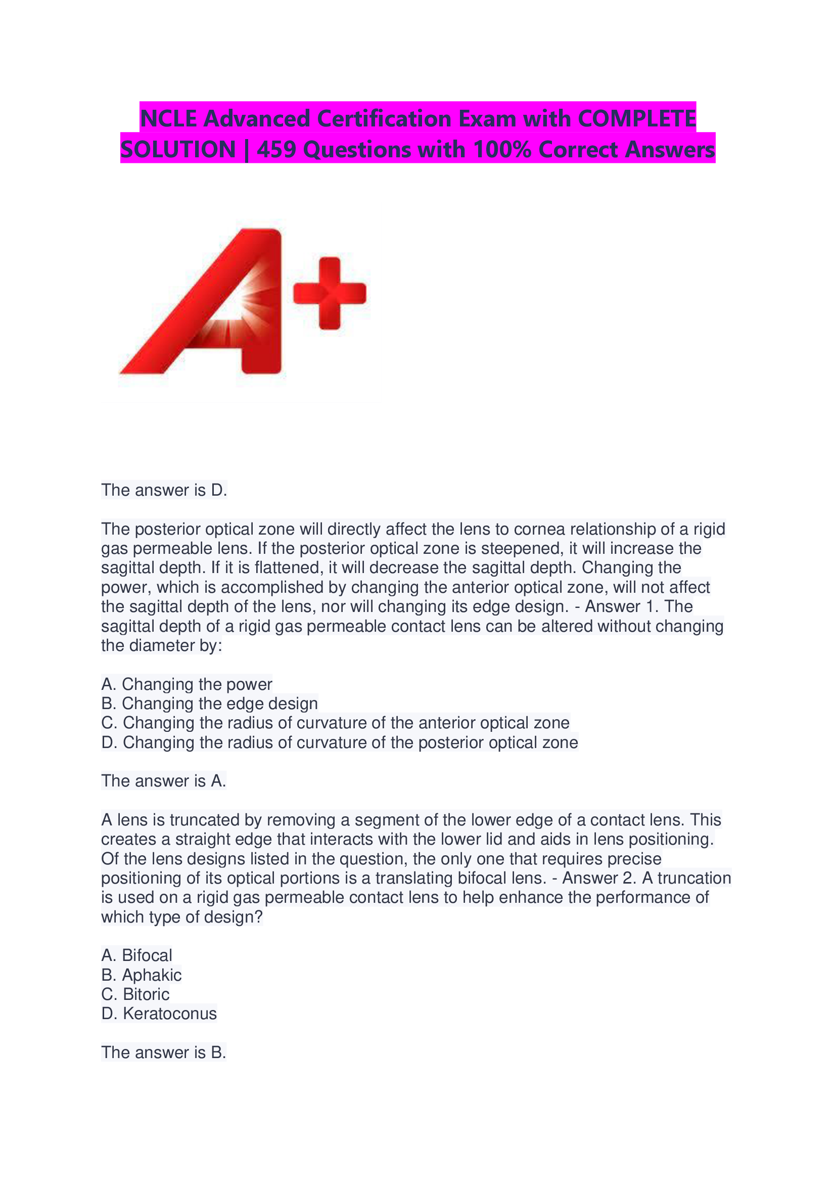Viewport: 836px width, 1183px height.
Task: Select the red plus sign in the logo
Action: (x=330, y=293)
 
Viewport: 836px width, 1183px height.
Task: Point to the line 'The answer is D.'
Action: (x=164, y=490)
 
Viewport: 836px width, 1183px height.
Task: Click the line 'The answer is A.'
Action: (x=164, y=781)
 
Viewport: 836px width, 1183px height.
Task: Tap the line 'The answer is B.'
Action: (x=164, y=1053)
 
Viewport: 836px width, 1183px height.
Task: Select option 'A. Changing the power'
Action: (x=187, y=684)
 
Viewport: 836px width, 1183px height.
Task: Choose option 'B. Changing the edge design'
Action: (x=209, y=704)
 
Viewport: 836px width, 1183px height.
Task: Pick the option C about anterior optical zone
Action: (x=335, y=723)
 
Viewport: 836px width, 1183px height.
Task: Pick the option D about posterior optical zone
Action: (x=339, y=742)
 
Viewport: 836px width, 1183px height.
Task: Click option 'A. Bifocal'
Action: (x=136, y=956)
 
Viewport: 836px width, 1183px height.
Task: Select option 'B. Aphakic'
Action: (x=141, y=975)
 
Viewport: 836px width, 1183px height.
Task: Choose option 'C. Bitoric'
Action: (x=135, y=994)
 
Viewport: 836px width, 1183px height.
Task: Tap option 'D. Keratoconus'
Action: (x=159, y=1014)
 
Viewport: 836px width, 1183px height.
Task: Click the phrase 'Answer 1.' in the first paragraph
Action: (x=621, y=606)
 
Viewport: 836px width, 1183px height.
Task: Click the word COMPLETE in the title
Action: (x=637, y=118)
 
